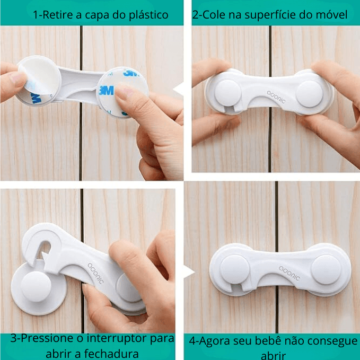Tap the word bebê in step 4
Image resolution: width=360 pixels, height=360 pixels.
[x=274, y=340]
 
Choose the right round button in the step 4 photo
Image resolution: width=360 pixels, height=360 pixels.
[x=326, y=268]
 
